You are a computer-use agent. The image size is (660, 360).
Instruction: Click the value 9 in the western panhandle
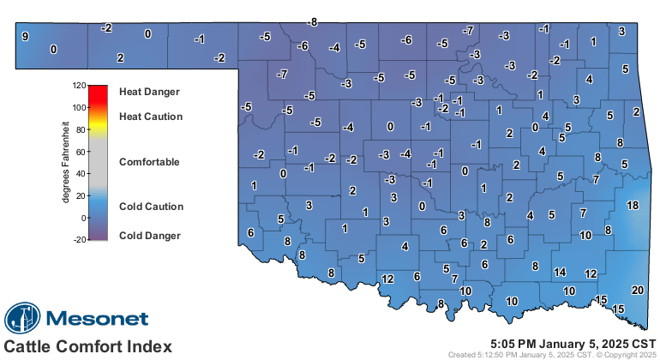(25, 36)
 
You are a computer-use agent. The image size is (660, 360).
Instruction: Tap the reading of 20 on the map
(637, 290)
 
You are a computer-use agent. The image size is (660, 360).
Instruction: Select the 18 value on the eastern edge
(633, 206)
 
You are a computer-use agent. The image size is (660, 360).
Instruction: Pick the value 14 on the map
(560, 273)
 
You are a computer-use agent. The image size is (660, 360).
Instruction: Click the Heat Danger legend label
(150, 90)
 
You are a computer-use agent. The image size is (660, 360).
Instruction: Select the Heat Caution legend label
(150, 116)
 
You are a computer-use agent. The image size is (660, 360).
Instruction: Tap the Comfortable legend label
(149, 161)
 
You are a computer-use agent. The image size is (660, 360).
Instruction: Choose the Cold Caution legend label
(150, 207)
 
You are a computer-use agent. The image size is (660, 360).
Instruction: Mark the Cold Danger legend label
(149, 235)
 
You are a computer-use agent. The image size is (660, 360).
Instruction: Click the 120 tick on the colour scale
(80, 86)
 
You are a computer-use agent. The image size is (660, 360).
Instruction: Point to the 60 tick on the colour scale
(80, 152)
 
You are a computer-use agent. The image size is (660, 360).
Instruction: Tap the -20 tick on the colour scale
(80, 240)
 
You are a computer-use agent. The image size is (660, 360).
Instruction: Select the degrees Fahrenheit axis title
(65, 163)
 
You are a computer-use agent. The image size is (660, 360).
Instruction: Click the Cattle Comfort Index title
(87, 346)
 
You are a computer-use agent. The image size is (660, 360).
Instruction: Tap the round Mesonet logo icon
(22, 318)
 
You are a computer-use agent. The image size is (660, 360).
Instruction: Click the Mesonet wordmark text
(96, 319)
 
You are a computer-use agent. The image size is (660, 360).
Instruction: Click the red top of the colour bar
(97, 89)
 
